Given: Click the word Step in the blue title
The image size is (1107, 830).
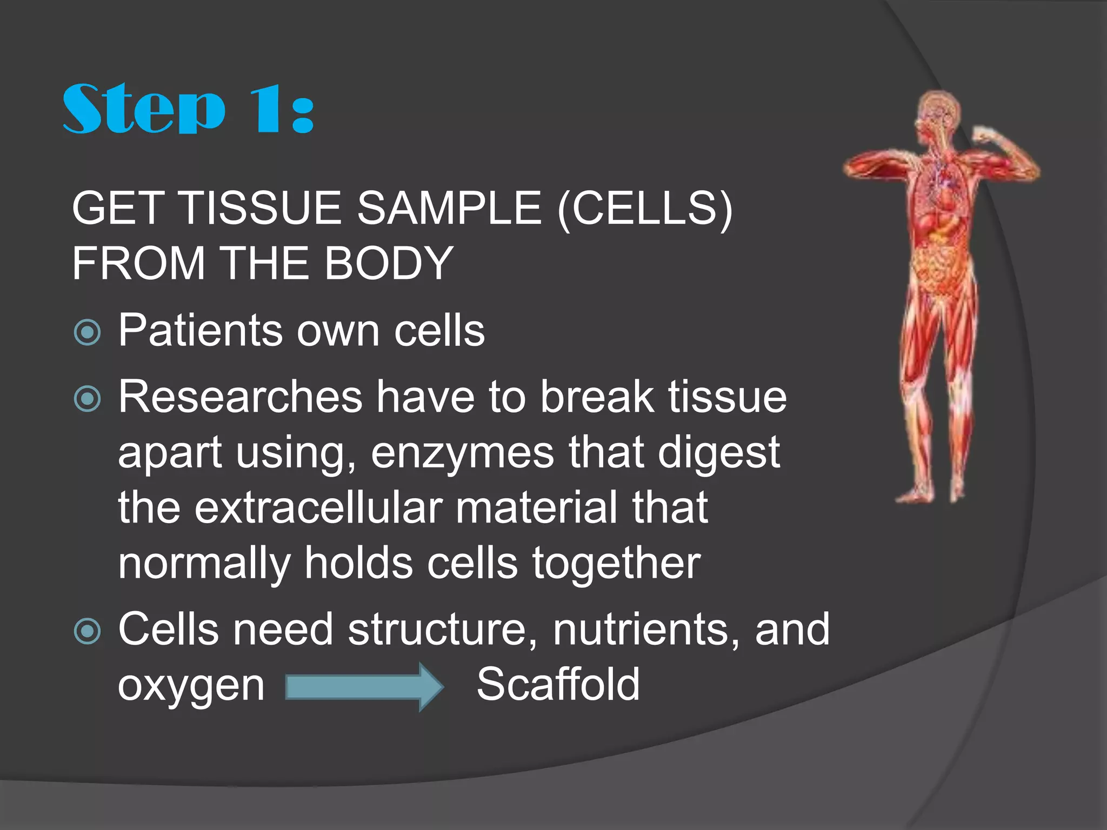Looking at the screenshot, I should [143, 109].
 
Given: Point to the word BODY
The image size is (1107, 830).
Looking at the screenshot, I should [389, 264].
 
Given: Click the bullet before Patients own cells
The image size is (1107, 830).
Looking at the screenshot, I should [87, 332].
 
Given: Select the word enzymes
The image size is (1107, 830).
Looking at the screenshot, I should [462, 453].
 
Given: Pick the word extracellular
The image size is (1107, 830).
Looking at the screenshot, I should [319, 508].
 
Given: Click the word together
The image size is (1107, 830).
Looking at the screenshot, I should [616, 563].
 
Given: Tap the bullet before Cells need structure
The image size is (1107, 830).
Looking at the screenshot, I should [87, 631].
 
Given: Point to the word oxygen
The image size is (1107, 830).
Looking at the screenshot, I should [191, 686].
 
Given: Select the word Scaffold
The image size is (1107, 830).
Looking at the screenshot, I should [558, 685].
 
